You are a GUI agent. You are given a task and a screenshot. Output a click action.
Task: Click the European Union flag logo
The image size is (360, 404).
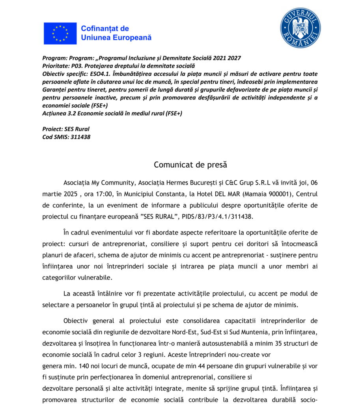coord(60,34)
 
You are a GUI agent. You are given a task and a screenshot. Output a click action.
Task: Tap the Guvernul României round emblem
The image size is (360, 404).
coord(300,28)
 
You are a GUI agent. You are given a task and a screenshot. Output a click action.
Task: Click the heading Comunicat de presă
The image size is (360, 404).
coord(190,165)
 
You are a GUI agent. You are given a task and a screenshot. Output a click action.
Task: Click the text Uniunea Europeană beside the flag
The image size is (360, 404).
coord(116,38)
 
